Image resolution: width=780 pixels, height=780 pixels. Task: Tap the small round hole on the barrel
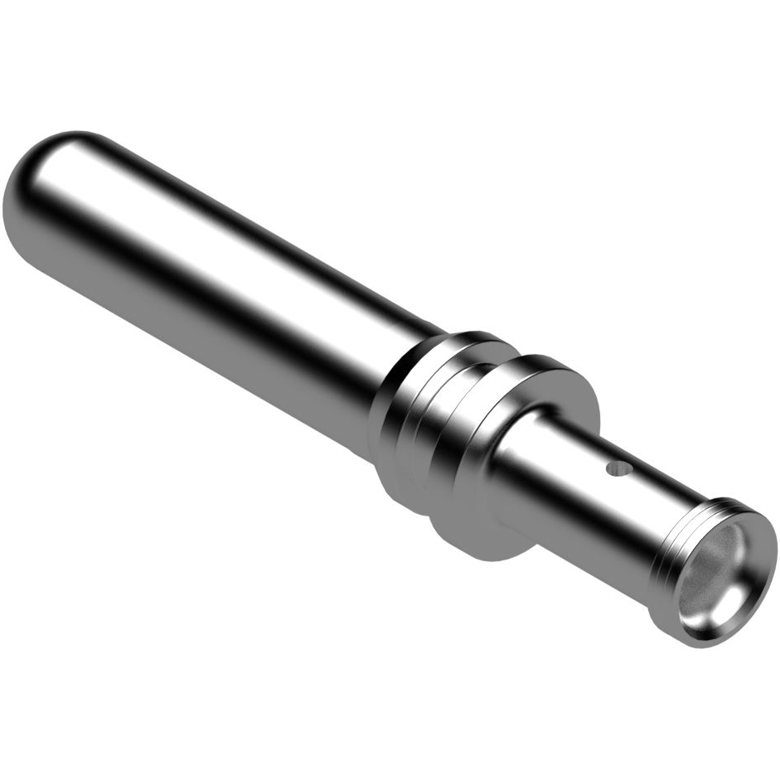tap(616, 470)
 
